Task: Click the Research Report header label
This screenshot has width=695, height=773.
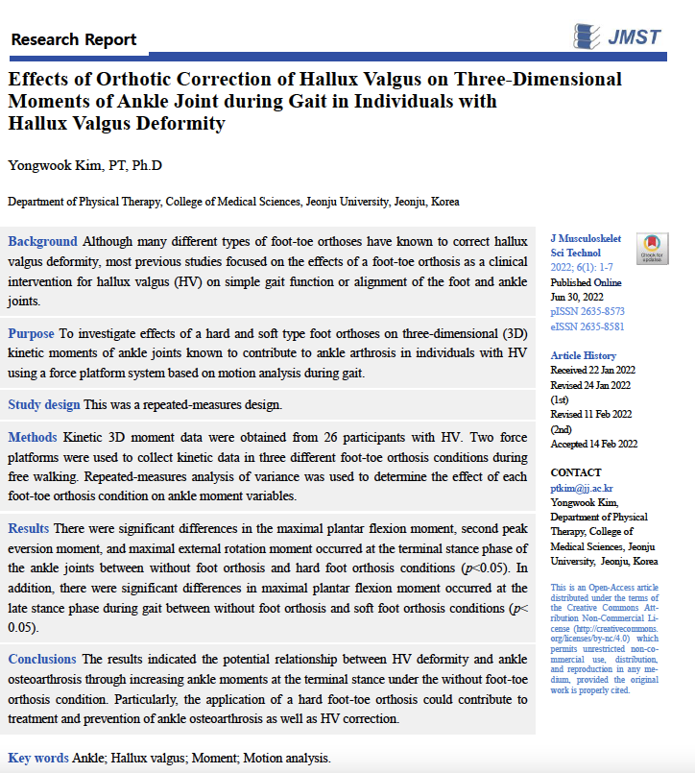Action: click(74, 39)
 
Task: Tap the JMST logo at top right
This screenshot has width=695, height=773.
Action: click(616, 36)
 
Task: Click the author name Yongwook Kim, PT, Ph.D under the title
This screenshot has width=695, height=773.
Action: click(85, 165)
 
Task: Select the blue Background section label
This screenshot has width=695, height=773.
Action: click(42, 241)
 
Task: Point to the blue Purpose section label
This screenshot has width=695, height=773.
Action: click(32, 333)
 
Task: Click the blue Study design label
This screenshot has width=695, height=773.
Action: click(44, 405)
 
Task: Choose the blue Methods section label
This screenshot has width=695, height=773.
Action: click(34, 437)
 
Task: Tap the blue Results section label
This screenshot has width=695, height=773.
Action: click(30, 528)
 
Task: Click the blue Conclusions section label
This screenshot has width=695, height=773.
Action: click(42, 659)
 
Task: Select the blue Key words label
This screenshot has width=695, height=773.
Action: click(38, 758)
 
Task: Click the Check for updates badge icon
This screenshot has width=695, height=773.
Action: click(651, 248)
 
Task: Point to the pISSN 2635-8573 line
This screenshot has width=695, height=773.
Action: click(587, 311)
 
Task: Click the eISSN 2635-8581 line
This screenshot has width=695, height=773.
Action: click(587, 326)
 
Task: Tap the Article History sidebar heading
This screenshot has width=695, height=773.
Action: click(584, 355)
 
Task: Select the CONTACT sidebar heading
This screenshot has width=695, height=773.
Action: click(576, 473)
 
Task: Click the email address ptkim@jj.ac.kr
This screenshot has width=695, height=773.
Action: click(582, 489)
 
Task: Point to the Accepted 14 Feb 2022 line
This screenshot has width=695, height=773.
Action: click(594, 444)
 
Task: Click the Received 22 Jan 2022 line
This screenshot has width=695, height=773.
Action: click(591, 370)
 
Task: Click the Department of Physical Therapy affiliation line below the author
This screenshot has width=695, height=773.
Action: click(233, 202)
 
